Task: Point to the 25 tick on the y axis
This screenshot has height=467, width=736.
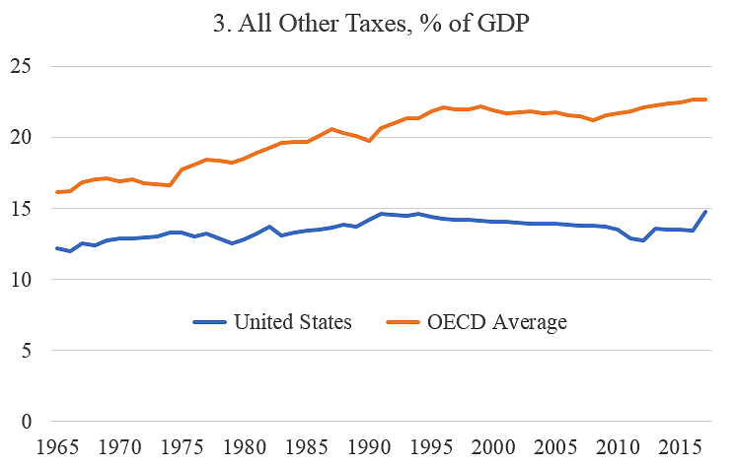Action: click(21, 67)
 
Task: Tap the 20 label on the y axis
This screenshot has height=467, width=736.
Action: click(21, 138)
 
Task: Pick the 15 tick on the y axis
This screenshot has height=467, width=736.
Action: click(21, 209)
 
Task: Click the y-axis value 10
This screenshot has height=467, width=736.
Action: click(21, 280)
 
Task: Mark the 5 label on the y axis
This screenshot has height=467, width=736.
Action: click(27, 351)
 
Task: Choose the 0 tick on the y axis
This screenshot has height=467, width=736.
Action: click(27, 422)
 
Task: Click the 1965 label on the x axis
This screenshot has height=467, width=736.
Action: click(57, 447)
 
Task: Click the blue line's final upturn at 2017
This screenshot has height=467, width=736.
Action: click(705, 212)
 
